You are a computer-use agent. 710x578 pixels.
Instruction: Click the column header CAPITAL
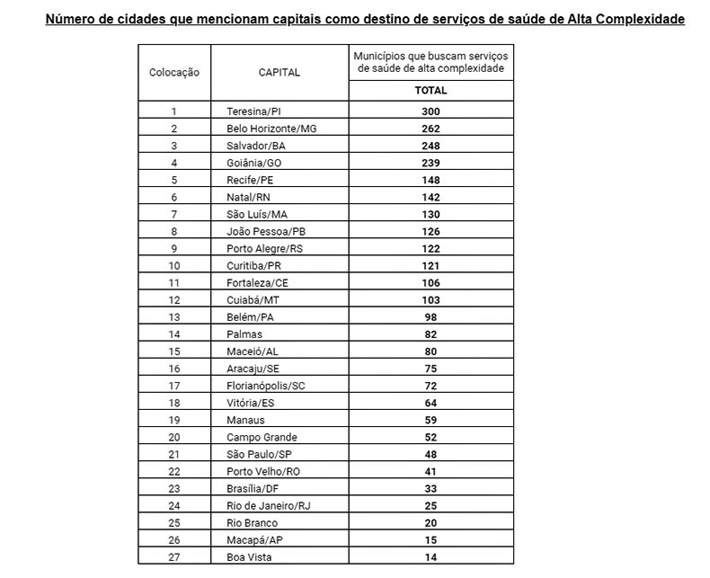(279, 72)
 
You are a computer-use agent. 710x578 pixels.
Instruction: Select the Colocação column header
(174, 72)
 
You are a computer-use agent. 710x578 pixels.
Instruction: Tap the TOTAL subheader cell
(430, 91)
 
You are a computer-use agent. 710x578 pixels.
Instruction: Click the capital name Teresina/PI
(254, 111)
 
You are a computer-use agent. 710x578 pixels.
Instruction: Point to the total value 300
(430, 111)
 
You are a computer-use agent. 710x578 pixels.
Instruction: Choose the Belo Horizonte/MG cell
(272, 129)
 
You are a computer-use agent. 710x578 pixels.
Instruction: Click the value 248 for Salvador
(430, 146)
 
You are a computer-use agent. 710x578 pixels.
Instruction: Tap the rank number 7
(174, 214)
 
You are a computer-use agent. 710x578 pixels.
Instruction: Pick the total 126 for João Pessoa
(430, 231)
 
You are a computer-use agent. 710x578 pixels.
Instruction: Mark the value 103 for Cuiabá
(430, 300)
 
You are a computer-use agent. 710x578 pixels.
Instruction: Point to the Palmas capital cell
(244, 334)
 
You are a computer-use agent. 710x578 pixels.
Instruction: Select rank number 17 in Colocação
(174, 386)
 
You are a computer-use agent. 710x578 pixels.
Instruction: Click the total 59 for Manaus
(430, 420)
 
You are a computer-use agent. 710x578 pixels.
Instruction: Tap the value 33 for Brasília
(430, 489)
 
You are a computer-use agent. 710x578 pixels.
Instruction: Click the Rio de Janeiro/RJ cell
(269, 506)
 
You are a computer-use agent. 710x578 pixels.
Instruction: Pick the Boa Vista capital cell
(249, 557)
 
